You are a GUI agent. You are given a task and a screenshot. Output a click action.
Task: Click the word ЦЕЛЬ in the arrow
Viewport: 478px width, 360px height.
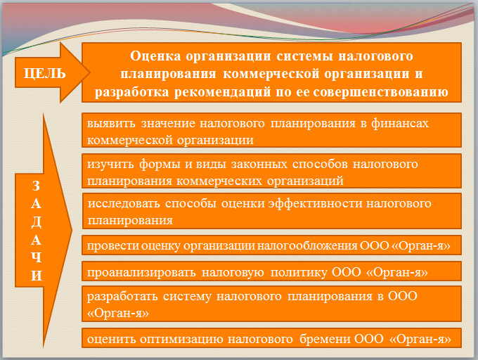tap(44, 72)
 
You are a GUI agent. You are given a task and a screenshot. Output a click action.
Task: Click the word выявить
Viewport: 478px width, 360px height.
tap(109, 122)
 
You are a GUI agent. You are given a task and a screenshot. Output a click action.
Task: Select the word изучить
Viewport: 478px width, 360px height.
tap(110, 164)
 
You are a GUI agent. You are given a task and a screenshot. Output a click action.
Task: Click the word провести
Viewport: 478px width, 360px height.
tap(110, 245)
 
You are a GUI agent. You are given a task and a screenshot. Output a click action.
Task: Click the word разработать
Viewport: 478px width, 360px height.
tap(121, 296)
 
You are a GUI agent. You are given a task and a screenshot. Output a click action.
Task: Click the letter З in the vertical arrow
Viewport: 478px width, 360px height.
tap(37, 186)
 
